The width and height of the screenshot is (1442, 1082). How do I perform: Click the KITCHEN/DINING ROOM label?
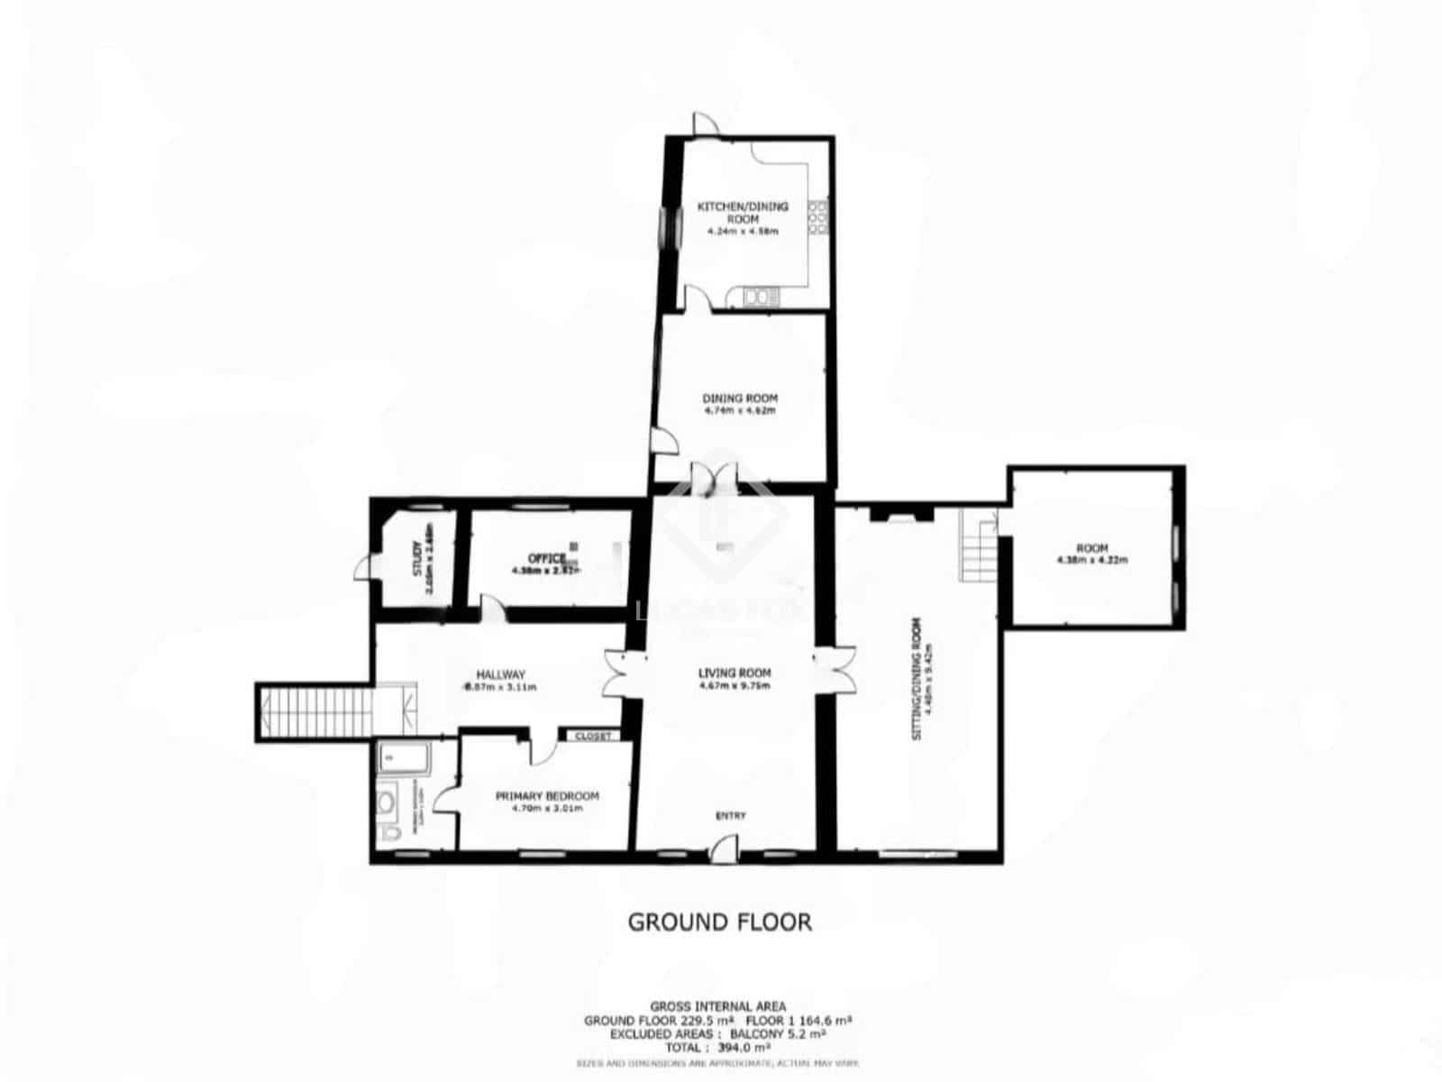(743, 213)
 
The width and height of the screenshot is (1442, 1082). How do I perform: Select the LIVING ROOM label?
(735, 673)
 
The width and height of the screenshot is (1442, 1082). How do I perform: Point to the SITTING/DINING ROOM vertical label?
(917, 678)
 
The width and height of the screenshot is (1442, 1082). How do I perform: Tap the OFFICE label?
(547, 559)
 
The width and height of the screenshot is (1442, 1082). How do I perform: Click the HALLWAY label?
(500, 674)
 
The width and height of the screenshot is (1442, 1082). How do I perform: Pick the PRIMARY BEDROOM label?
(547, 796)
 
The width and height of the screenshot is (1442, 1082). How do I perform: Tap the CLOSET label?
(592, 737)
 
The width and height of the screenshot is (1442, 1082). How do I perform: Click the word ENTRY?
(730, 816)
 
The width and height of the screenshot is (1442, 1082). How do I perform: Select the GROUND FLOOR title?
(719, 922)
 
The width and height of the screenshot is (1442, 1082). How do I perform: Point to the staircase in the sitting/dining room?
(977, 546)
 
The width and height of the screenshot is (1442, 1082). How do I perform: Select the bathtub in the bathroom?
(404, 758)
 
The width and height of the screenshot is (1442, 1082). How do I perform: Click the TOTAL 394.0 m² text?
(718, 1049)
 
